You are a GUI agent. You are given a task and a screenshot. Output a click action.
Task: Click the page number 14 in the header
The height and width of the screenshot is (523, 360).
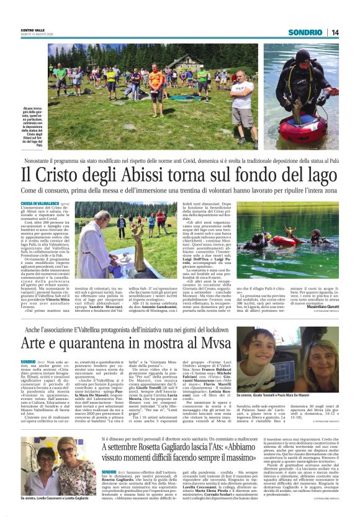(335, 32)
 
